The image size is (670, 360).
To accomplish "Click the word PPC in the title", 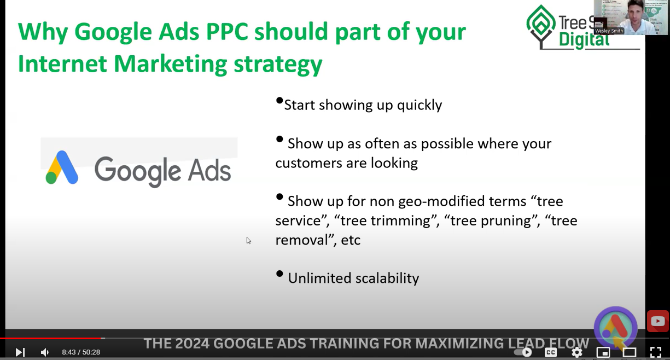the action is tap(227, 32).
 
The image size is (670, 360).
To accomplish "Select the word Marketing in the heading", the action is tap(170, 64).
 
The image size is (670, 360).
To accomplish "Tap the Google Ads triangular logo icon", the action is tap(62, 167).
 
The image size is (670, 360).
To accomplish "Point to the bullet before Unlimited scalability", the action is tap(279, 274).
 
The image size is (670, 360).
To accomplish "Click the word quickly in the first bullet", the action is tap(420, 106).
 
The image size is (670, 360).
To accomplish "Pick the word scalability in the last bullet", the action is tap(387, 278).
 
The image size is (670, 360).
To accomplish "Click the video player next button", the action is tap(20, 352).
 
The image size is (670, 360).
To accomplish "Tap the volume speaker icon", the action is tap(44, 352).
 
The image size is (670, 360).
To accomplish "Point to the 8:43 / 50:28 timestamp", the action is tap(81, 352).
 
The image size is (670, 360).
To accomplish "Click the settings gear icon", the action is tap(576, 352).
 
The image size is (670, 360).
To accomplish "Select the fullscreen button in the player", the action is tap(656, 352).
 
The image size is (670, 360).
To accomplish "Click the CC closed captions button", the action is tap(551, 352).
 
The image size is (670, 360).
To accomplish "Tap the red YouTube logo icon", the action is tap(658, 321).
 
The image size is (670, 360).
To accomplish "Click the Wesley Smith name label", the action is tap(609, 31).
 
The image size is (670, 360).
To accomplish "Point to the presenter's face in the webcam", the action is tap(634, 14).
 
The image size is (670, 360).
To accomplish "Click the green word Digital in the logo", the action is tap(584, 40).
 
